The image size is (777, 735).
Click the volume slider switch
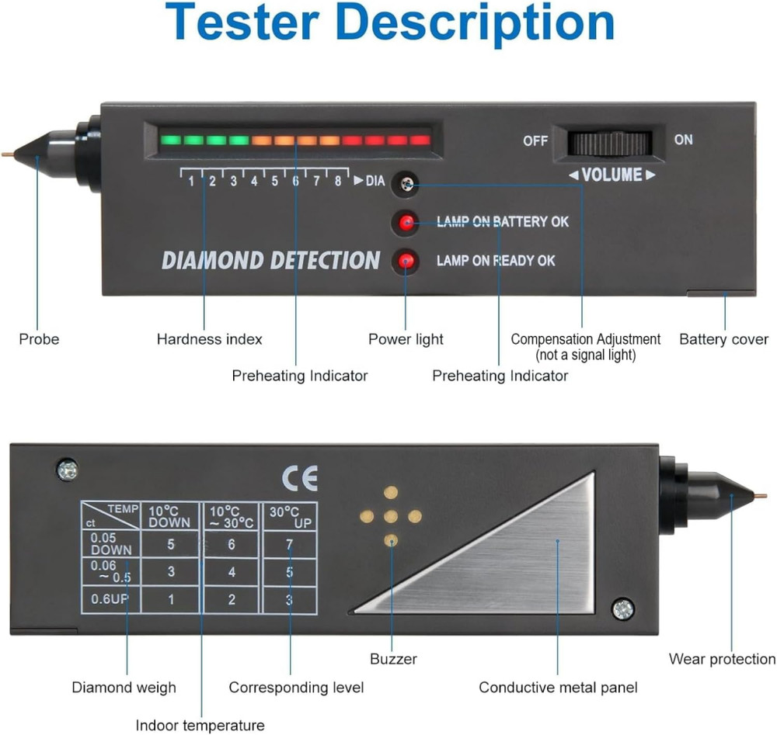(x=609, y=143)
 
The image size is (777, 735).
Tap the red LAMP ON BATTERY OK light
(x=405, y=223)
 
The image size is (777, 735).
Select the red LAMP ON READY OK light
(x=405, y=261)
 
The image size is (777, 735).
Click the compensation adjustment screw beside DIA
(x=405, y=183)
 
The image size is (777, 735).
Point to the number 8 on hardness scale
(x=337, y=182)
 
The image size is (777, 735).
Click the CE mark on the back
(x=299, y=479)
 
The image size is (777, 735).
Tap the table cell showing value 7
(x=289, y=545)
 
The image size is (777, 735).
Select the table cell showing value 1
(x=171, y=599)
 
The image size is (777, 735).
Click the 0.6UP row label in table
(x=110, y=599)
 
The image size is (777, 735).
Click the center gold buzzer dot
(x=391, y=516)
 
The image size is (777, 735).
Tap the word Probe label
(x=39, y=339)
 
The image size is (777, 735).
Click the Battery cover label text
(x=723, y=339)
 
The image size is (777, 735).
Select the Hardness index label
(x=209, y=339)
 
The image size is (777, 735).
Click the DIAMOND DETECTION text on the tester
(x=270, y=261)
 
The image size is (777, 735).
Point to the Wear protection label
(x=722, y=659)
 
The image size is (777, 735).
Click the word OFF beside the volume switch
(x=535, y=140)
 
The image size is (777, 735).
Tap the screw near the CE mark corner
(x=67, y=469)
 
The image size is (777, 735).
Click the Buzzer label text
(x=393, y=659)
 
